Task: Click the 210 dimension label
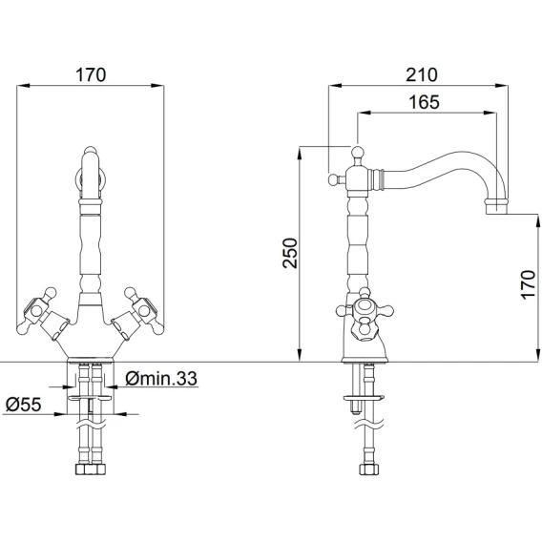(x=421, y=74)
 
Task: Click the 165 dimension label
(x=424, y=102)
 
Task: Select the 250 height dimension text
(x=290, y=253)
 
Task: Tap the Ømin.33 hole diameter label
(x=161, y=379)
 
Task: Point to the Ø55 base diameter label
(x=24, y=405)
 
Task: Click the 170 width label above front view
(x=91, y=74)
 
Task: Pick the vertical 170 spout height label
(x=528, y=284)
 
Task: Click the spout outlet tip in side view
(x=497, y=207)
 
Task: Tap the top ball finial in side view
(x=358, y=152)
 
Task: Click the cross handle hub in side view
(x=364, y=306)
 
